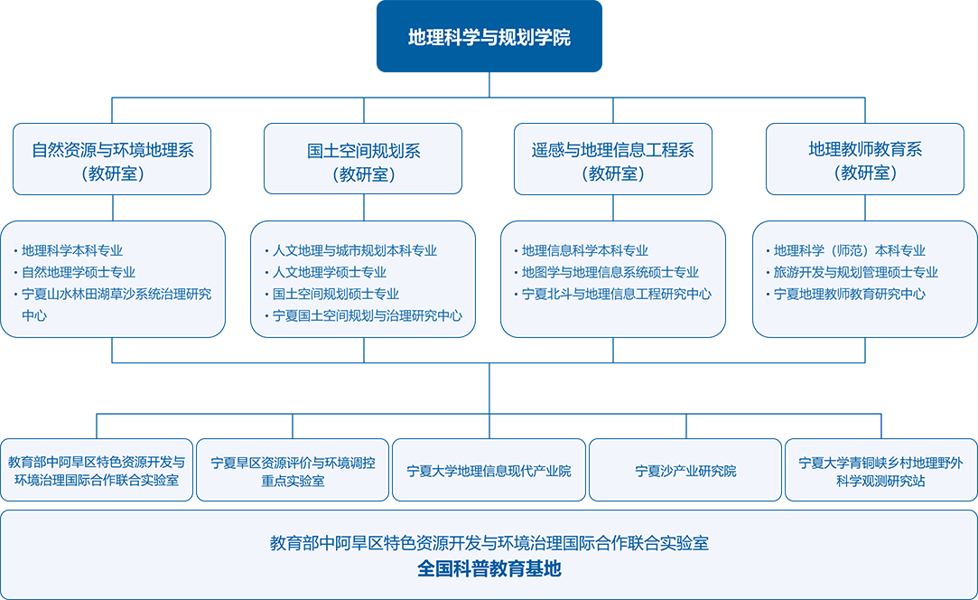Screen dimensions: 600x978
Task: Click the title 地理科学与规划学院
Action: [489, 38]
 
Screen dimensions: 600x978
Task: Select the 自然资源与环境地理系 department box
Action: [112, 160]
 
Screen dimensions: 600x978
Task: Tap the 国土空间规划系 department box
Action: [363, 160]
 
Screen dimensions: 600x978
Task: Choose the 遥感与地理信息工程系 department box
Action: [612, 160]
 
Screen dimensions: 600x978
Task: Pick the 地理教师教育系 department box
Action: [864, 160]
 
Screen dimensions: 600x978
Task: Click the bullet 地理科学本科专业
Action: [72, 250]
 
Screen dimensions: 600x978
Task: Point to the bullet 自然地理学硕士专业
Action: [79, 272]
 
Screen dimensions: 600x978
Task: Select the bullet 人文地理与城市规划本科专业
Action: [355, 250]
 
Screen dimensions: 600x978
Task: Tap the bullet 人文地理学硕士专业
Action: [330, 272]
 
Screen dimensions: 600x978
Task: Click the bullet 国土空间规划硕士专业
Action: [336, 294]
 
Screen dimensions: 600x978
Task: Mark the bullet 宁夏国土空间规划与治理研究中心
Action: [368, 315]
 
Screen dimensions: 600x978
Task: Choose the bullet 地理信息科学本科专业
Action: [585, 250]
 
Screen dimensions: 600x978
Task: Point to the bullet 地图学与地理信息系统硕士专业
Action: [610, 272]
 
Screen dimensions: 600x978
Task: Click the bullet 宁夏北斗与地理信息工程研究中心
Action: [617, 294]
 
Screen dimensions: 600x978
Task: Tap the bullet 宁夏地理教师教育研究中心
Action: [850, 294]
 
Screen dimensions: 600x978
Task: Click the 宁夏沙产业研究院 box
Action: [685, 471]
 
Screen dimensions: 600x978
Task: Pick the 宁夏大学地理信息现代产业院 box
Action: [489, 471]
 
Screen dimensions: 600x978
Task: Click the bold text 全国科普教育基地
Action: [489, 569]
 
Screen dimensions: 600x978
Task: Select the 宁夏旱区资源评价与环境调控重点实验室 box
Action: [293, 471]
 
